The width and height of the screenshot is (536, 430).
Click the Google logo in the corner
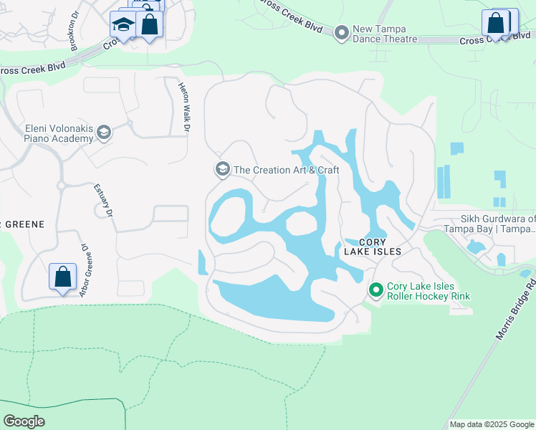point(24,421)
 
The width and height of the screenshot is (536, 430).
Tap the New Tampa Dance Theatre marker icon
point(342,32)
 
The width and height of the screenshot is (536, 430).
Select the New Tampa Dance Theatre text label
point(385,34)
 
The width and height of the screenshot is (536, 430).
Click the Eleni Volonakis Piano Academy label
point(58,133)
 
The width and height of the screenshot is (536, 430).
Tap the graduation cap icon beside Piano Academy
point(104,132)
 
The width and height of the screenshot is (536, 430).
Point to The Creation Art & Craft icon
point(222,169)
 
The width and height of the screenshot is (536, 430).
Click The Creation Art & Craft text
point(287,170)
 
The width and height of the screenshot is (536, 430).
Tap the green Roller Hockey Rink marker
point(375,290)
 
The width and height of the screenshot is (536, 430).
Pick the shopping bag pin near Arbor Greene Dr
point(63,277)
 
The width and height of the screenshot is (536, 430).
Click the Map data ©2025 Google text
point(492,424)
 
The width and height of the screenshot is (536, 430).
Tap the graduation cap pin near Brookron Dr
point(123,25)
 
